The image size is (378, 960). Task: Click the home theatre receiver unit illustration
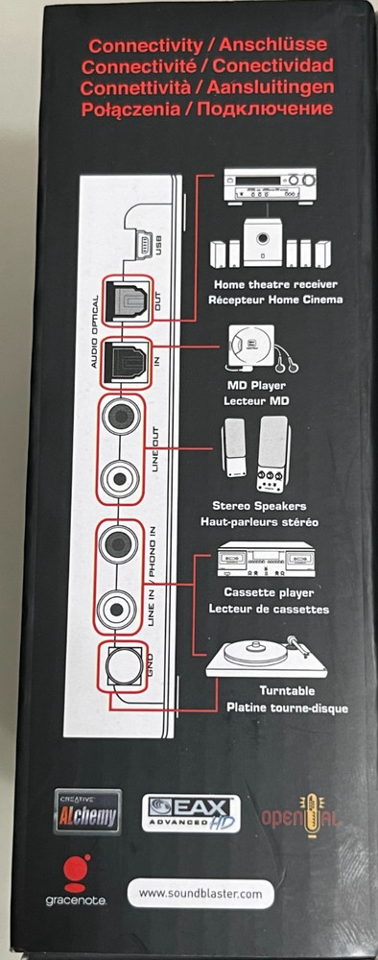[269, 182]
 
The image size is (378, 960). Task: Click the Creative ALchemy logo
[87, 811]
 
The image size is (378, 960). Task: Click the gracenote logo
[75, 882]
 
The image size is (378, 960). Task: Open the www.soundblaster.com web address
[200, 895]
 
